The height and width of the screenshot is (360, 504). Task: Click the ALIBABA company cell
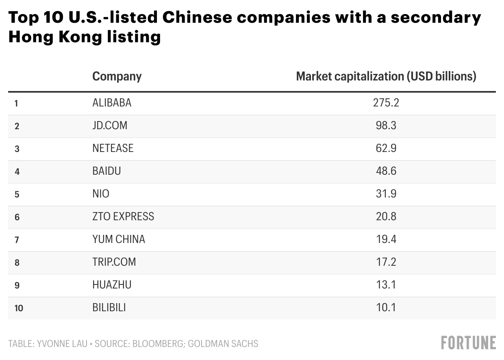[112, 103]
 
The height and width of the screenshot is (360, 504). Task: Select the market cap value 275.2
[386, 103]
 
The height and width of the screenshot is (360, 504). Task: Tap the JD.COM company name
[110, 126]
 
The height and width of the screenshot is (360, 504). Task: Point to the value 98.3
[386, 126]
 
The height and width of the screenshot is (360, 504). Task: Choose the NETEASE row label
[113, 148]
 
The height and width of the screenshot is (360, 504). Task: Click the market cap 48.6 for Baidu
[386, 171]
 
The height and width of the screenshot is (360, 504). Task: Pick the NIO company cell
[101, 194]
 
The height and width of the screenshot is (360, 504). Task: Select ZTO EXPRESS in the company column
[123, 217]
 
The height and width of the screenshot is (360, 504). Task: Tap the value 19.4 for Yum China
[386, 239]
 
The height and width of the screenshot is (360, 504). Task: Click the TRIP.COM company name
[114, 262]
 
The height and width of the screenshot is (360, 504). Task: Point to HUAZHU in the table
[112, 285]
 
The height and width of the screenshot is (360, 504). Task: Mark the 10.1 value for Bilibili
[386, 308]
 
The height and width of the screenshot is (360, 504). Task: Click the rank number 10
[19, 308]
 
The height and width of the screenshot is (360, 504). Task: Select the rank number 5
[17, 194]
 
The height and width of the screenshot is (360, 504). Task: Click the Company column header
[117, 76]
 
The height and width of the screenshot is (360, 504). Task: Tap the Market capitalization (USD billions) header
[386, 76]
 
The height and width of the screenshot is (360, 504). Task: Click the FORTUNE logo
[468, 343]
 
